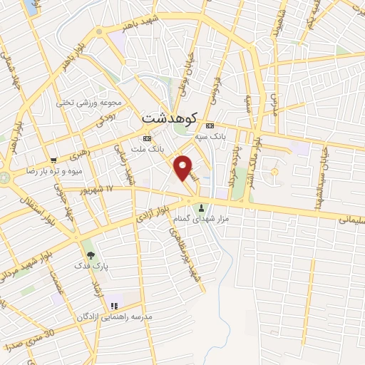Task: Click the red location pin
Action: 184,168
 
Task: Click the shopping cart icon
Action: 54,160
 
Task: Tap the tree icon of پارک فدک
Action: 89,253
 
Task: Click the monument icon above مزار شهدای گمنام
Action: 202,209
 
